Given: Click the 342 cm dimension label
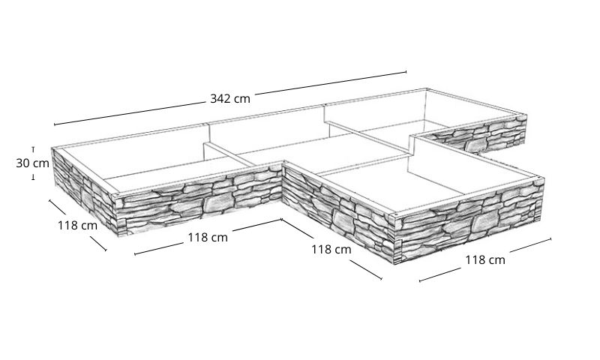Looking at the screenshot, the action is point(230,99).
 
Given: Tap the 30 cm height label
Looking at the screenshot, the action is point(32,163).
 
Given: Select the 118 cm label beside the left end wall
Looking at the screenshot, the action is point(78,225).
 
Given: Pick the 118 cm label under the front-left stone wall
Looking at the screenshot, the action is point(208,238).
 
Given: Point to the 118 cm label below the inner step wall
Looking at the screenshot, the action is point(331,250).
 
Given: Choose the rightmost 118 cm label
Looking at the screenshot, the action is point(485,260).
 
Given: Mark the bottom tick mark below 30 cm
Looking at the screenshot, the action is point(33,177).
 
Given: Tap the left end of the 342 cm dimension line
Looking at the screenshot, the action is point(55,124).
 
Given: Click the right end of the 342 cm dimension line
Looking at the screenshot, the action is point(406,71).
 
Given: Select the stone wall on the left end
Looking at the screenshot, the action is point(85,192).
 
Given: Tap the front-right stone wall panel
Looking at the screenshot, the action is point(469,218).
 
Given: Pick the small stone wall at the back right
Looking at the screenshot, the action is point(476,136).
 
